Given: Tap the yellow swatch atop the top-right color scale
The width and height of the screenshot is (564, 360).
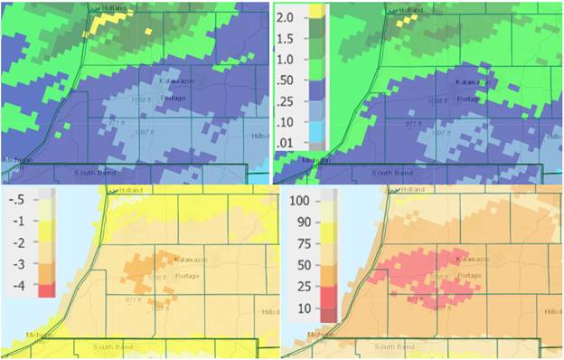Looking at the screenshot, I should [x=316, y=11].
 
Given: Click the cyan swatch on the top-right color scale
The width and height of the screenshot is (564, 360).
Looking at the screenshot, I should [x=316, y=142].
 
